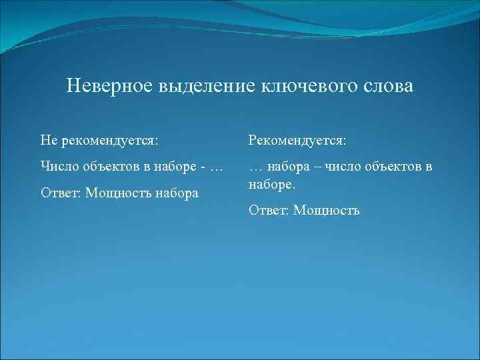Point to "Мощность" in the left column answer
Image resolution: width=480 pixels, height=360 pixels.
[x=117, y=193]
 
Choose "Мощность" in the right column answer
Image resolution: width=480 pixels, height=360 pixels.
[x=327, y=211]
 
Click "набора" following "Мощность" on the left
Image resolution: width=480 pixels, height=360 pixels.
[x=177, y=193]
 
